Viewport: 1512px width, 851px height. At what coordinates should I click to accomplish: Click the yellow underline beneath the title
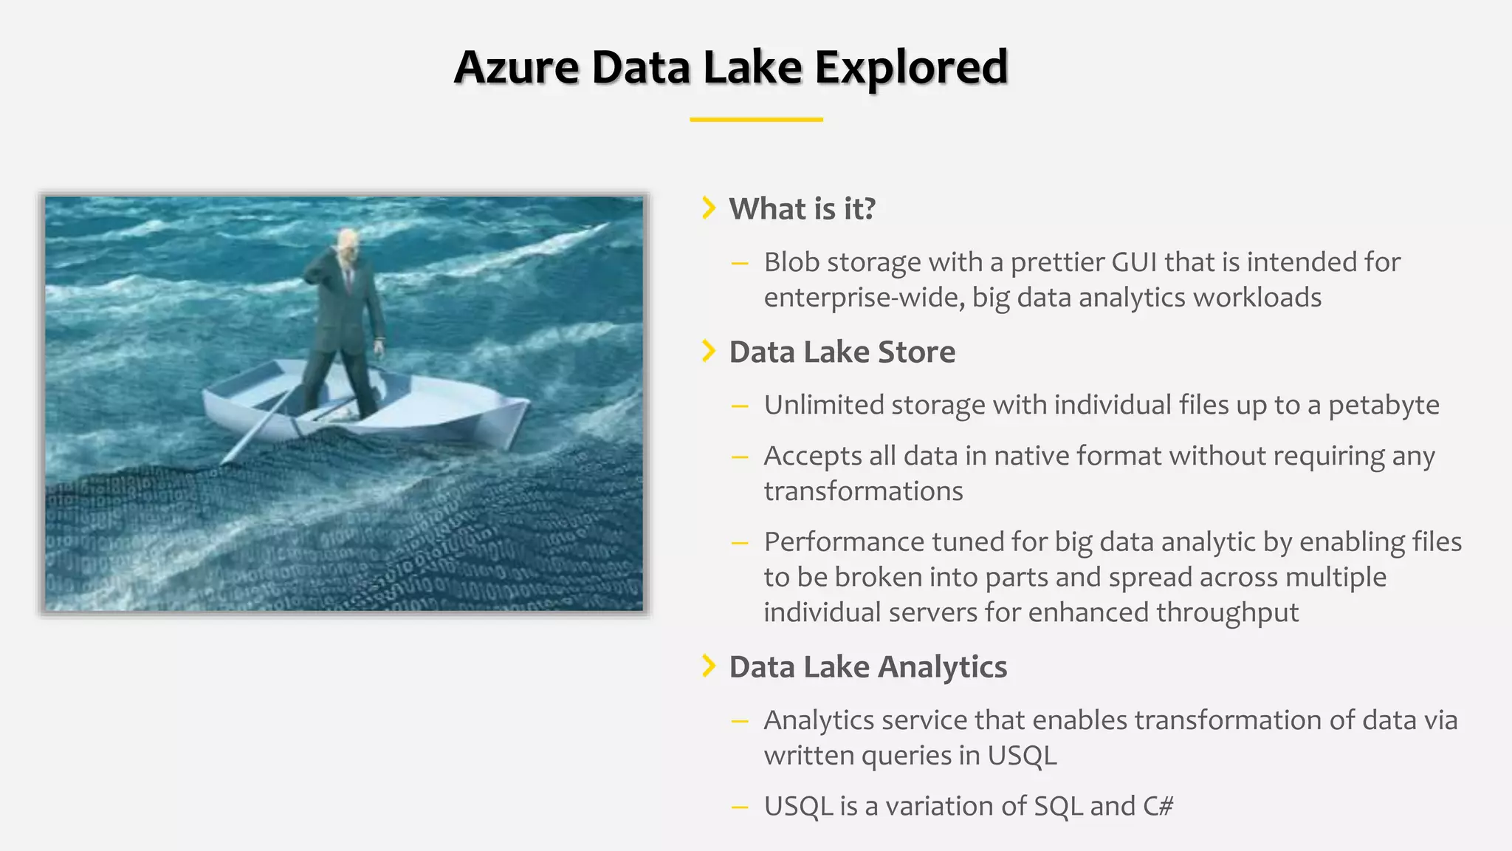[756, 119]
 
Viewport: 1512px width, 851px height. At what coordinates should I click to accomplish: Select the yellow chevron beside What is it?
[709, 208]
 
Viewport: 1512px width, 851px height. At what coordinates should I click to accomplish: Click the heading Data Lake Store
[842, 352]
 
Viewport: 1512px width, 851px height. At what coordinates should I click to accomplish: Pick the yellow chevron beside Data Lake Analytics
[709, 666]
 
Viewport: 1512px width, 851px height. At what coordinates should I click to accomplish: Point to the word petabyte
[1384, 406]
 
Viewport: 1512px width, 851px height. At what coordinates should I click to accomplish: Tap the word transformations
[863, 491]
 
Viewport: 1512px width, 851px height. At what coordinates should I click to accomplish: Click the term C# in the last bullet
[1158, 806]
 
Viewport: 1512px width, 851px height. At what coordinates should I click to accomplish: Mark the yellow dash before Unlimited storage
[740, 406]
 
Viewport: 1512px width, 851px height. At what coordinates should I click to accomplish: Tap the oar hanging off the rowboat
[258, 428]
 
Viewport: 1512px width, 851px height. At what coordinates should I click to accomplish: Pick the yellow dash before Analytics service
[740, 721]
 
